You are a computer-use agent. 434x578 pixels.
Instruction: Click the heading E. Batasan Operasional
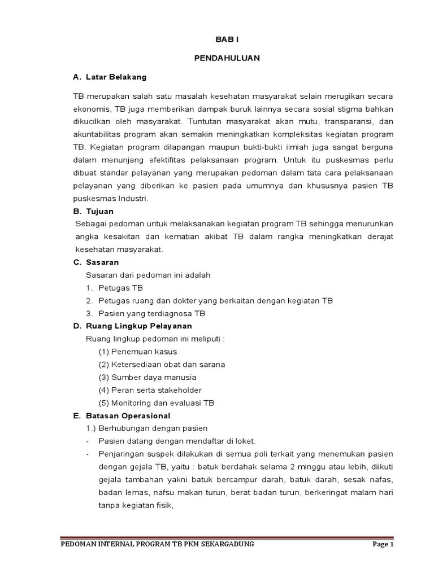[121, 415]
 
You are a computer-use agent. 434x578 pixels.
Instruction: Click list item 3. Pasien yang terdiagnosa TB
[145, 313]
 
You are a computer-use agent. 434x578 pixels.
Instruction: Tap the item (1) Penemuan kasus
[137, 352]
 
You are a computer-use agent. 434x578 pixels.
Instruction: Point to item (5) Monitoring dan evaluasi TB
[156, 403]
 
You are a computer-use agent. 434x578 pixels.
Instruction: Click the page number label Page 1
[383, 544]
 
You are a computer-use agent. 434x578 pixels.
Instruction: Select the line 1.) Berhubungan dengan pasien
[146, 428]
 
